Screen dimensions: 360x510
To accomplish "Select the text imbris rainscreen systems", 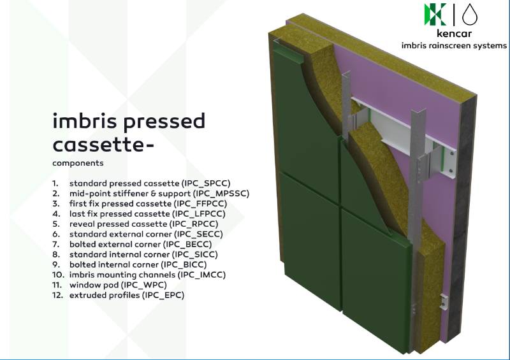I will [x=454, y=46].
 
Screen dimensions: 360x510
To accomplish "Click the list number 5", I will [x=56, y=224].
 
